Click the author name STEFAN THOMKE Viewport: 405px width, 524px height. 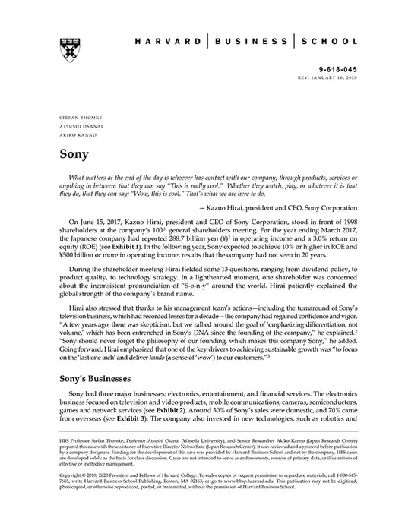tap(74, 118)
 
